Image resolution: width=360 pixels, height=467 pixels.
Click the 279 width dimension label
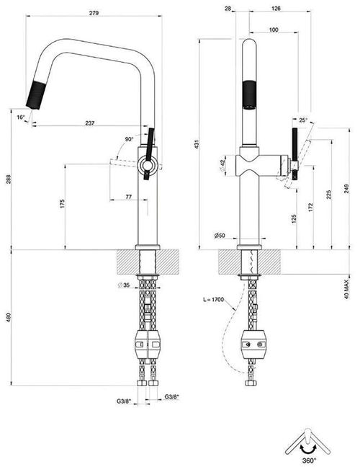[x=94, y=13]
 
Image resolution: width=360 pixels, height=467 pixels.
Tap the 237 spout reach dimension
[x=90, y=123]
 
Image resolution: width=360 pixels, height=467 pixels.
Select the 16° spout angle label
[x=21, y=117]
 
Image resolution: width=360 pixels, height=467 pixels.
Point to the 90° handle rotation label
[x=129, y=139]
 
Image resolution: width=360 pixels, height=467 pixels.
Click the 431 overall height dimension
[x=197, y=144]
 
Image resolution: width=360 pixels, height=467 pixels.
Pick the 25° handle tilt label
[x=303, y=120]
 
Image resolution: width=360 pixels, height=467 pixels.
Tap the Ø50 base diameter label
[x=220, y=236]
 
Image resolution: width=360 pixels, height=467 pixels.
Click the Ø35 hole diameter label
[x=124, y=285]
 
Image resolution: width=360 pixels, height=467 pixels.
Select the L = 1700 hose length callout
[x=213, y=300]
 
